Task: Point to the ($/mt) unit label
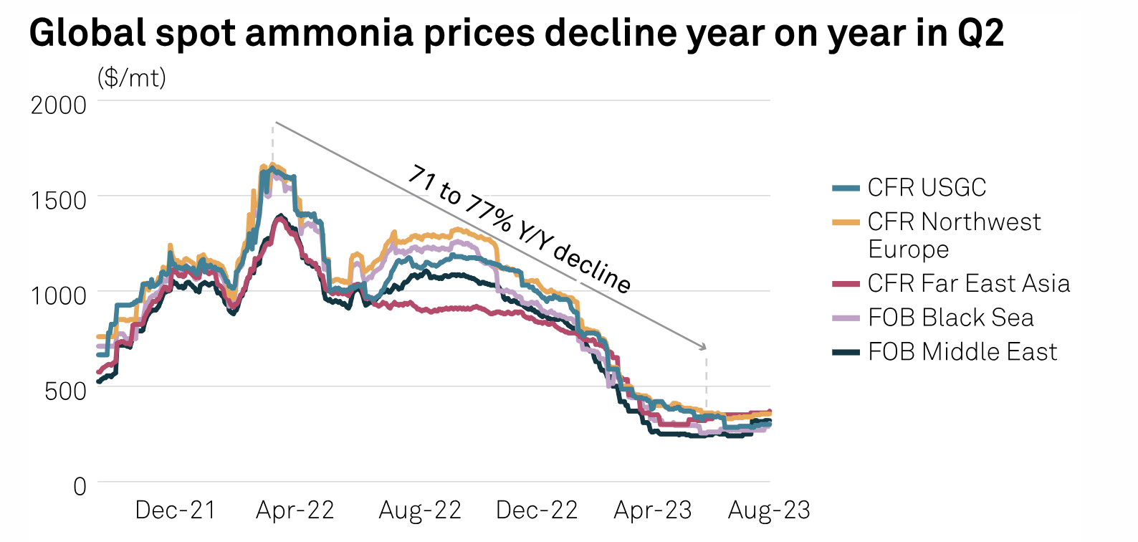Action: pyautogui.click(x=132, y=77)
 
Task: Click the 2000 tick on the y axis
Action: pyautogui.click(x=58, y=105)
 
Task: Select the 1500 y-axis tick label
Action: pyautogui.click(x=58, y=200)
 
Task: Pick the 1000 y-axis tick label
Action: pyautogui.click(x=58, y=295)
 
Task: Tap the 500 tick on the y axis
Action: pyautogui.click(x=65, y=391)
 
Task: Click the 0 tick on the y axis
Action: pyautogui.click(x=80, y=486)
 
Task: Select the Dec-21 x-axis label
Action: pyautogui.click(x=176, y=510)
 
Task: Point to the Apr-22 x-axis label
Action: pyautogui.click(x=295, y=510)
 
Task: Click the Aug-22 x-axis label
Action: pyautogui.click(x=420, y=510)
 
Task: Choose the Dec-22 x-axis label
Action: pyautogui.click(x=537, y=510)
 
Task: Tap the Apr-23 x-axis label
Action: pyautogui.click(x=653, y=510)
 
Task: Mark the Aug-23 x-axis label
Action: pyautogui.click(x=769, y=510)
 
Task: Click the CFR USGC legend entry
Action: pyautogui.click(x=927, y=188)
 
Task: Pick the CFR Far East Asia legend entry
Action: pyautogui.click(x=968, y=284)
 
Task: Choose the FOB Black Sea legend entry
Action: pyautogui.click(x=950, y=318)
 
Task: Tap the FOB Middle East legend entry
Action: pyautogui.click(x=962, y=352)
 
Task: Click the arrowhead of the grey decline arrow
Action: pyautogui.click(x=704, y=348)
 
